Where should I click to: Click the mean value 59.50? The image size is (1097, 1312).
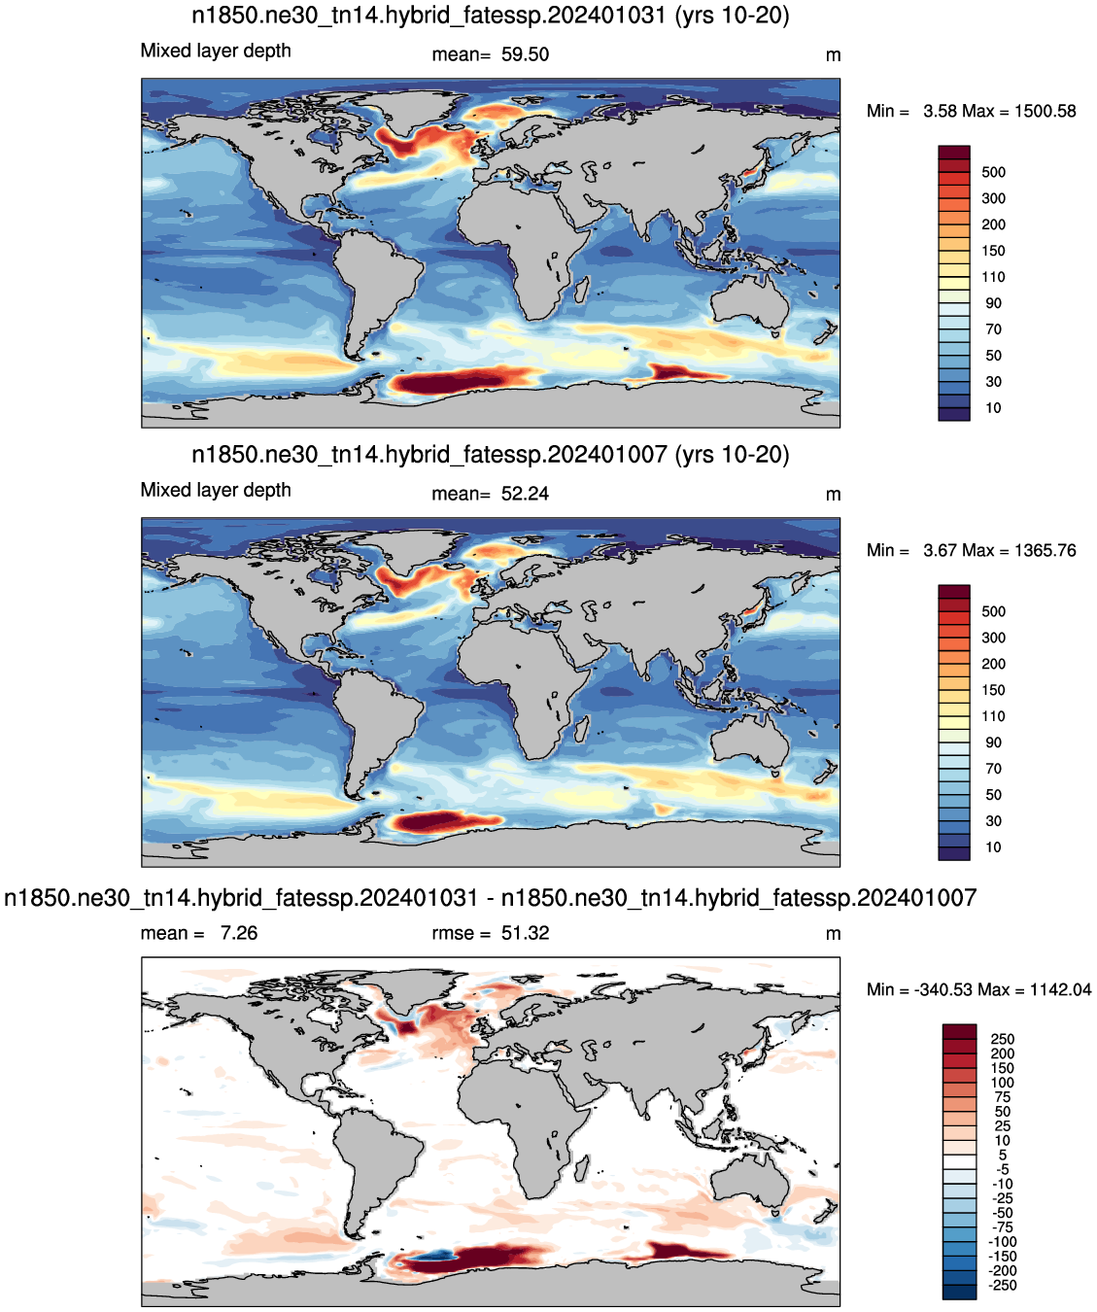click(x=525, y=54)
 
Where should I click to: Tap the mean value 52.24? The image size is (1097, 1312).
click(x=525, y=494)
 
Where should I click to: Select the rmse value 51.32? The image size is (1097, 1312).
click(x=525, y=932)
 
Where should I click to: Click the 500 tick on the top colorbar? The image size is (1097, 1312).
click(x=993, y=172)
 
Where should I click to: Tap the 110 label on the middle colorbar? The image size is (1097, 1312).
click(x=993, y=716)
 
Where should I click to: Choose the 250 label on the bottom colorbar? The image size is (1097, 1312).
click(x=1003, y=1039)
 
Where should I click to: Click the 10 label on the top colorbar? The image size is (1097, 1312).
click(x=993, y=408)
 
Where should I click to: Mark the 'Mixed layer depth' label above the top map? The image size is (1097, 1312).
click(x=216, y=51)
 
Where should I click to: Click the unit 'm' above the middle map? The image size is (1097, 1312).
click(x=833, y=495)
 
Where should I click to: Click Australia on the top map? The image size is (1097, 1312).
click(x=750, y=305)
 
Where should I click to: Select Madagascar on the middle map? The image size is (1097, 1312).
click(x=584, y=730)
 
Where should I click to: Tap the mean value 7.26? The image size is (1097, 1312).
click(x=239, y=932)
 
